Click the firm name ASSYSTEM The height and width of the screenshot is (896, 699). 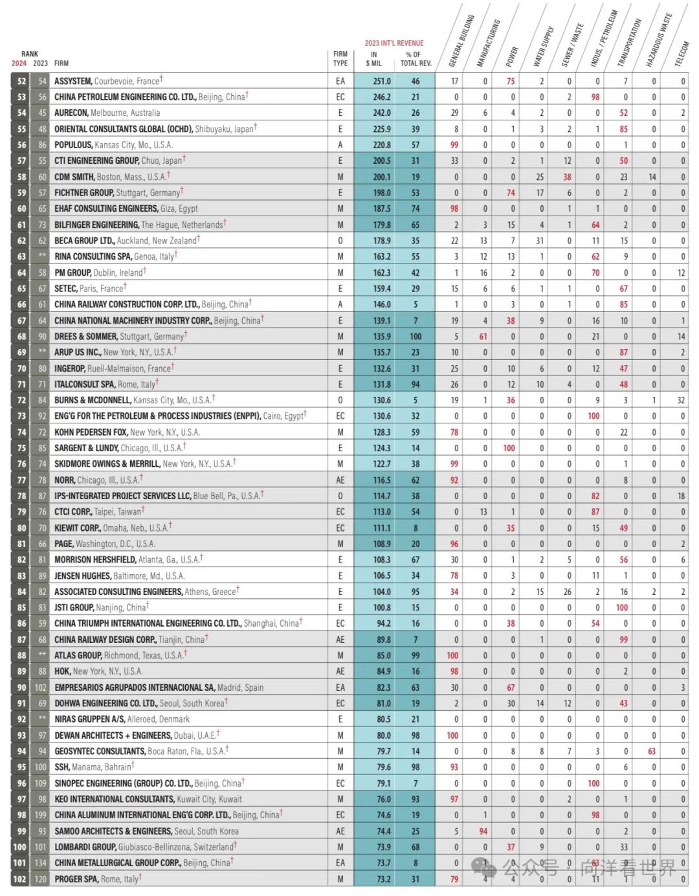coord(73,81)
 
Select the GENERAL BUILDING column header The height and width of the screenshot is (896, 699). coord(461,40)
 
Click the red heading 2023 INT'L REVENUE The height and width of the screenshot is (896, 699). coord(394,43)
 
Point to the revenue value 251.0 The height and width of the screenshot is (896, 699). coord(382,81)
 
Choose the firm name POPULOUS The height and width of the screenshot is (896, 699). coord(73,145)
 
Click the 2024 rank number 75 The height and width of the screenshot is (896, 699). coord(21,448)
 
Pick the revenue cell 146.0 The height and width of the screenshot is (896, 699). coord(382,304)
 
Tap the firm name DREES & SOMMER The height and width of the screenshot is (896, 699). coord(86,337)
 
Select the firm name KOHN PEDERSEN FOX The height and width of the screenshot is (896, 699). coord(91,432)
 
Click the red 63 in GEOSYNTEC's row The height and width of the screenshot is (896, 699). coord(651,751)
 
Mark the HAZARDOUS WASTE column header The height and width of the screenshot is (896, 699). coord(659,40)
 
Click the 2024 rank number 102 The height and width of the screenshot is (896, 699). coord(20,879)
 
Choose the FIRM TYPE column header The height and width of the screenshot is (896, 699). coord(340,59)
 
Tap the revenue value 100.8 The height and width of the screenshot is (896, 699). coord(382,607)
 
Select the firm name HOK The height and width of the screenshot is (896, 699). coord(63,671)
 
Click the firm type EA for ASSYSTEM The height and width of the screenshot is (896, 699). coord(340,81)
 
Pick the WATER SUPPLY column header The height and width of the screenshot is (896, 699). coord(543,47)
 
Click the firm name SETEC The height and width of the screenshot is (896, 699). coord(65,289)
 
